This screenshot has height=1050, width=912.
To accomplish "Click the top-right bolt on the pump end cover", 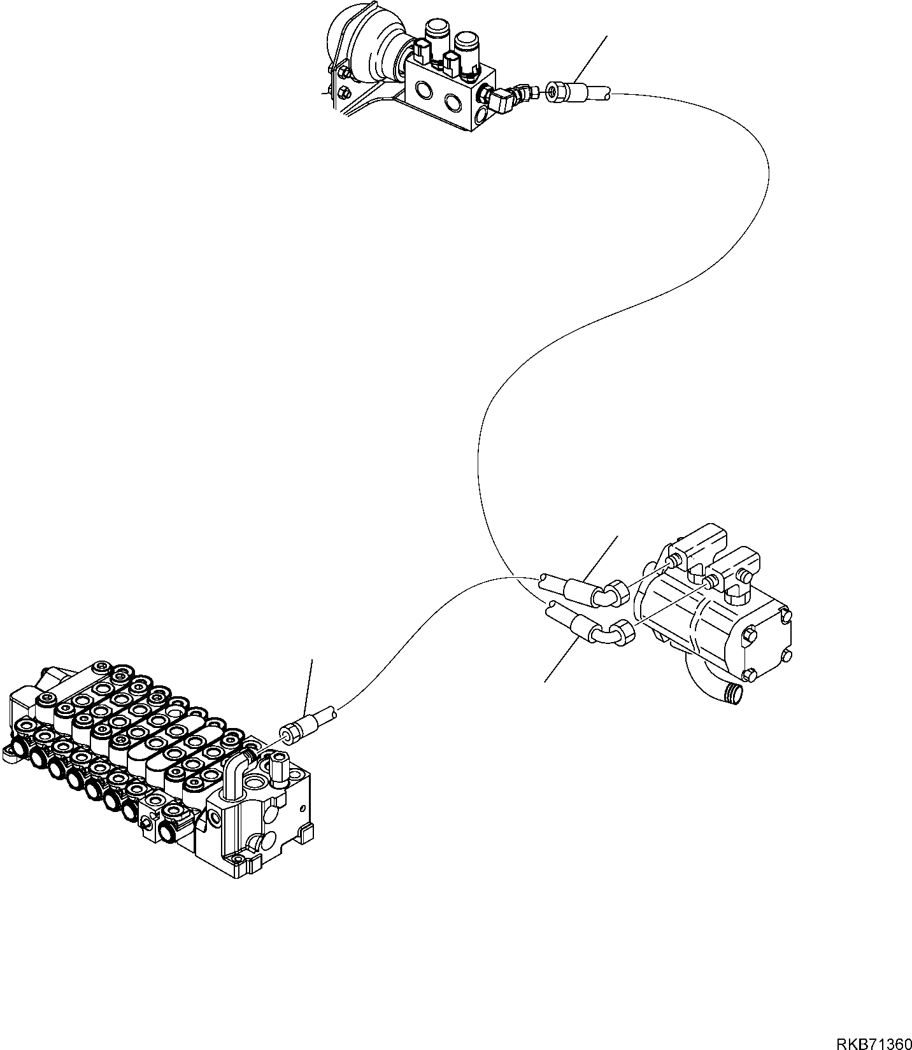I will (785, 615).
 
